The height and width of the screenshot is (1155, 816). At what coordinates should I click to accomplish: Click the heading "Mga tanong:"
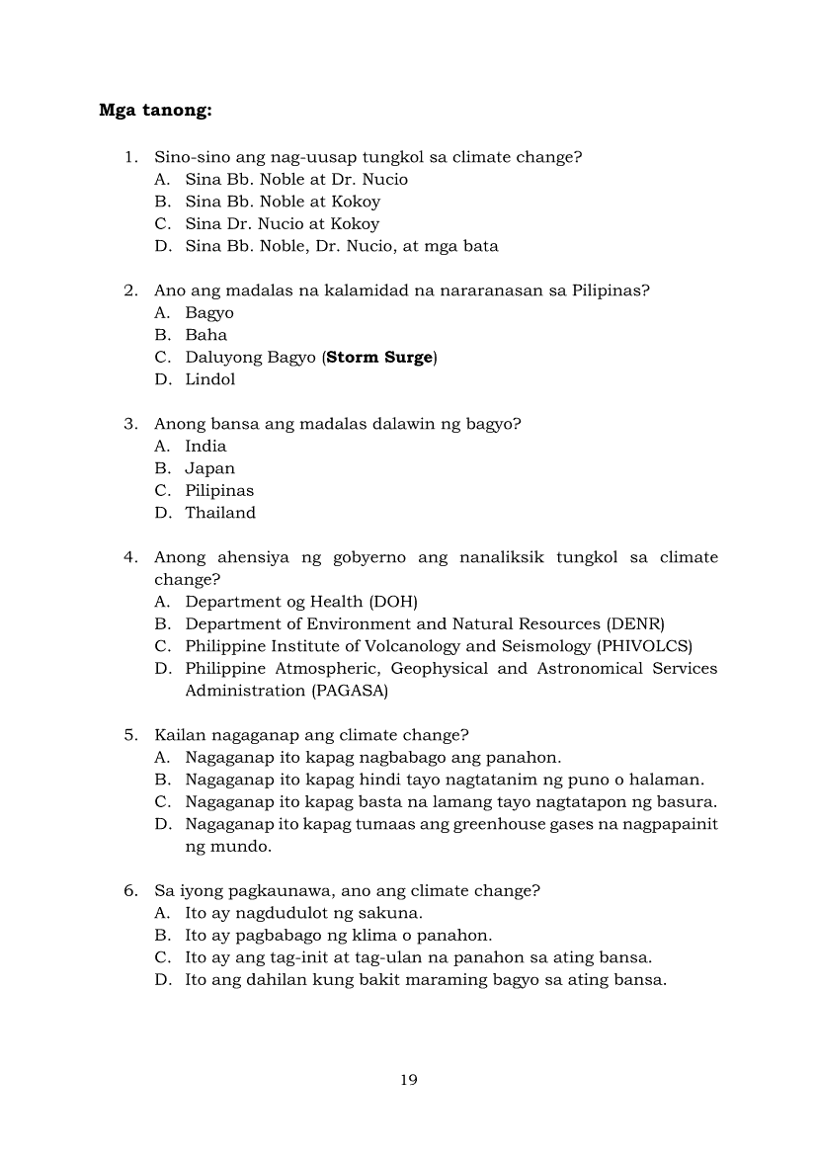155,110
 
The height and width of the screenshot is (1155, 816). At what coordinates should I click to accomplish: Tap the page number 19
409,1080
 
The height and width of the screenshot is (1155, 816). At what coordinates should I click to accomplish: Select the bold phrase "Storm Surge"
379,358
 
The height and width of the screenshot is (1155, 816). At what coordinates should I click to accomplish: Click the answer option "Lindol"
210,379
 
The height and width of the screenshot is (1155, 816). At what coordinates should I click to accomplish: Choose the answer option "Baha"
205,335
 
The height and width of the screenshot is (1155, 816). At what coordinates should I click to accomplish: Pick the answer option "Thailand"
220,513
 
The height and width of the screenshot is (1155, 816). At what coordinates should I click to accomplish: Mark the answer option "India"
205,447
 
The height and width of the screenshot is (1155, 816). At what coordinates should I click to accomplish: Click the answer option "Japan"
209,468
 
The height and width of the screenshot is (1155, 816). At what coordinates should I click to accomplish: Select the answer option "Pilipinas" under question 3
219,491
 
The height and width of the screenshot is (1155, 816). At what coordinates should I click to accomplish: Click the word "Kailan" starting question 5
178,735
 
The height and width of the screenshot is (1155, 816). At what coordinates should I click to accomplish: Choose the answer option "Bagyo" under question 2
209,313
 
